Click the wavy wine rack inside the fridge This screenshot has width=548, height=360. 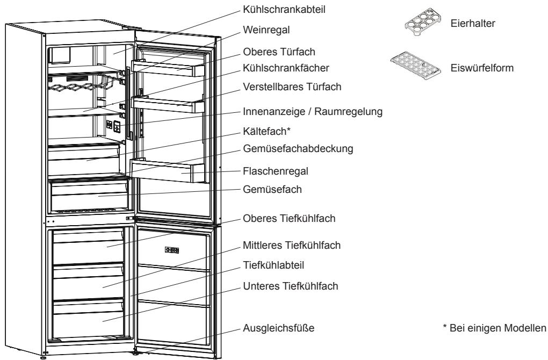pos(81,86)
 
